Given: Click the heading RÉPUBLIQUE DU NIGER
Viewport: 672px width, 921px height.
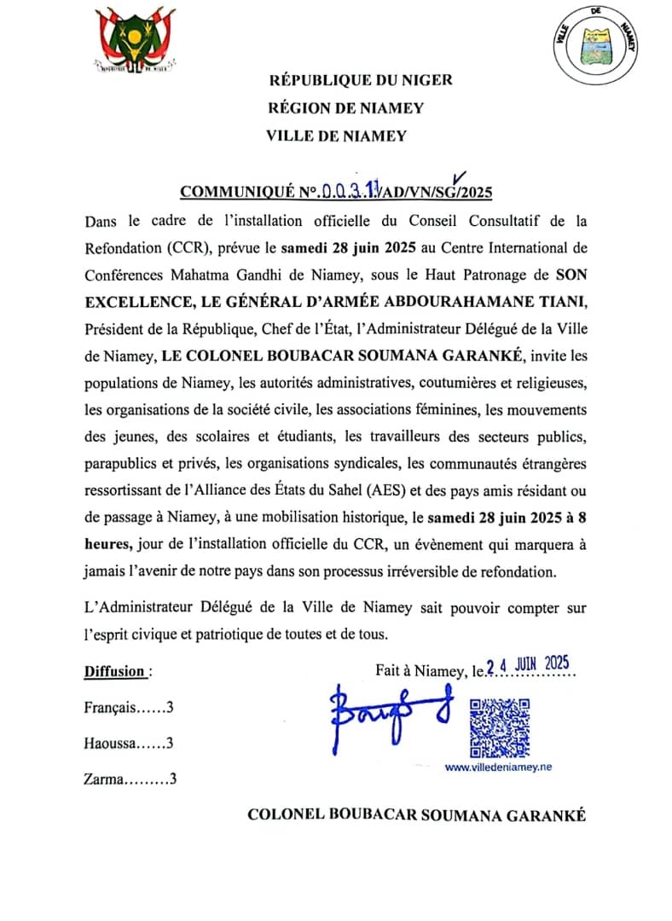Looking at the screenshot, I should tap(360, 81).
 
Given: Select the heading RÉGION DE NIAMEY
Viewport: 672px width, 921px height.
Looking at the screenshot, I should tap(345, 108).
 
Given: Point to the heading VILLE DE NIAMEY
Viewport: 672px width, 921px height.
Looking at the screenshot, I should tap(336, 136).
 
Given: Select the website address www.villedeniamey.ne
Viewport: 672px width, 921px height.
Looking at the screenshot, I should tap(498, 767).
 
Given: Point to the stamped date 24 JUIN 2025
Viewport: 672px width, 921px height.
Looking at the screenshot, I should tap(527, 665).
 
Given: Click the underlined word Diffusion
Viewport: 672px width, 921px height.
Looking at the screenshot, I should tap(114, 671).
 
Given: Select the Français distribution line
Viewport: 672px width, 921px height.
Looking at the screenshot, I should tap(129, 707).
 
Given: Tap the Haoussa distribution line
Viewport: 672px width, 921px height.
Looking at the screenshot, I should tap(129, 743).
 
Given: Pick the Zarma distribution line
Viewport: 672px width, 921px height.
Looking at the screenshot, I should tap(130, 779).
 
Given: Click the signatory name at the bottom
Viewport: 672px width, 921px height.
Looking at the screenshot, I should tap(416, 815).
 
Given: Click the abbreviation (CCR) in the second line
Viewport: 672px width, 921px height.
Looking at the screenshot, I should tap(180, 249).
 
